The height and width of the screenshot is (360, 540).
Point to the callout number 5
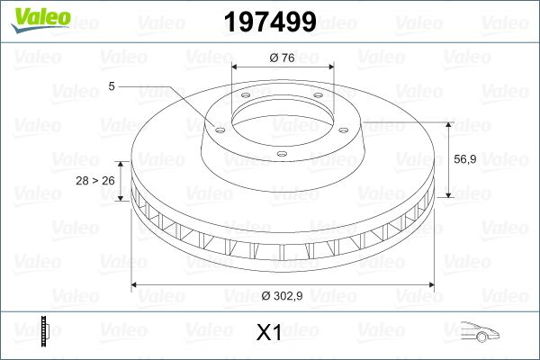pos(111,85)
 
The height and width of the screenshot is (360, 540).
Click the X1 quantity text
pos(269,333)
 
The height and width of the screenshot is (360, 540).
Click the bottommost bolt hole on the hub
pos(281,154)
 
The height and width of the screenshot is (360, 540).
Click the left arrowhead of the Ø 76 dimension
pos(237,67)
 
